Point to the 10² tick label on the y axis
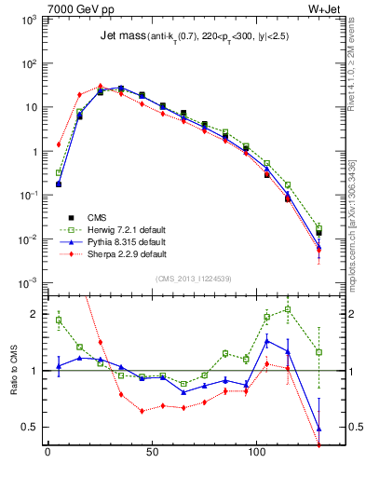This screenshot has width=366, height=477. (29, 63)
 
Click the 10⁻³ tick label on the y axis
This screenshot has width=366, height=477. (29, 282)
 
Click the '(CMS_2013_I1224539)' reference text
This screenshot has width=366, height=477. (188, 278)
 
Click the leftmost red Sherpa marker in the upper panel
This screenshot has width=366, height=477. (59, 144)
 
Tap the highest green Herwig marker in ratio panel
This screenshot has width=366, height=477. (288, 309)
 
